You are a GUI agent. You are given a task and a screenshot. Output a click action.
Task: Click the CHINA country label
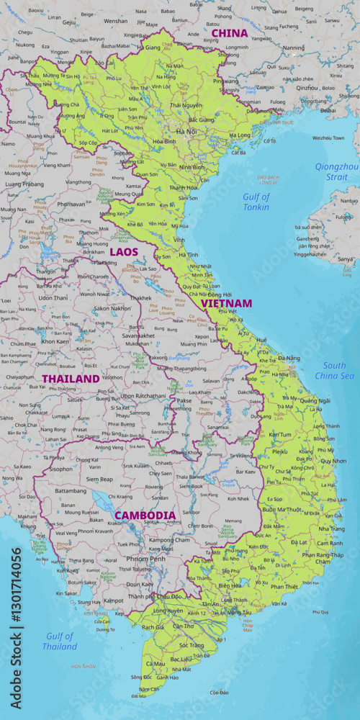229,33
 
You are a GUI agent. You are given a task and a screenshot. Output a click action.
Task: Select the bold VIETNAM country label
226,303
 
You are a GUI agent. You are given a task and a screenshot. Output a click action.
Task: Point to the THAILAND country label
70,378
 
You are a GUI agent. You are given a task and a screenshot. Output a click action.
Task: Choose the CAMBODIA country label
145,515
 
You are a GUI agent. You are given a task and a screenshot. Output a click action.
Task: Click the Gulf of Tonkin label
256,202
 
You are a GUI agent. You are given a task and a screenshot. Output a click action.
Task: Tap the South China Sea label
334,371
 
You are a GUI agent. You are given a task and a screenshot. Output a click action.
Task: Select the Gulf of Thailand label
60,641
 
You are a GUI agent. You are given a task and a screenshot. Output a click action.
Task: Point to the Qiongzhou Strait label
336,171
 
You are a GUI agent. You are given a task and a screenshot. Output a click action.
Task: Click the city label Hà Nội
186,132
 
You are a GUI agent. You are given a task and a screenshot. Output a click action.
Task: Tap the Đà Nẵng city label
289,358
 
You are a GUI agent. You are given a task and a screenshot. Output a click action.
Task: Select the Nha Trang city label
331,528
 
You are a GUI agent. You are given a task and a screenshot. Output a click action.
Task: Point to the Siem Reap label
99,479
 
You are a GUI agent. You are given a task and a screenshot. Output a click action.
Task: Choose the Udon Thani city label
53,297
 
